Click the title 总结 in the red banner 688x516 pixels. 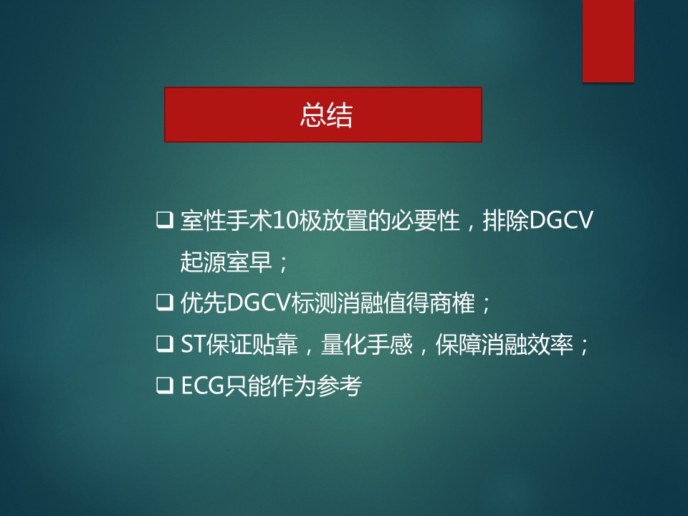click(x=326, y=115)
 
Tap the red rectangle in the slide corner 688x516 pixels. click(x=608, y=41)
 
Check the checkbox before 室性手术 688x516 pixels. click(x=165, y=220)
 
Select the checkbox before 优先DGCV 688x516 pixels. click(x=165, y=302)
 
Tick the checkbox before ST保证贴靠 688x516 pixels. click(x=165, y=345)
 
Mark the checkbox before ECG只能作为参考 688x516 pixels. click(x=165, y=386)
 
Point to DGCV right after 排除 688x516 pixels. click(x=561, y=221)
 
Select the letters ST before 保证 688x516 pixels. click(x=193, y=345)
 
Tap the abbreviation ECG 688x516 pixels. click(x=203, y=386)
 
